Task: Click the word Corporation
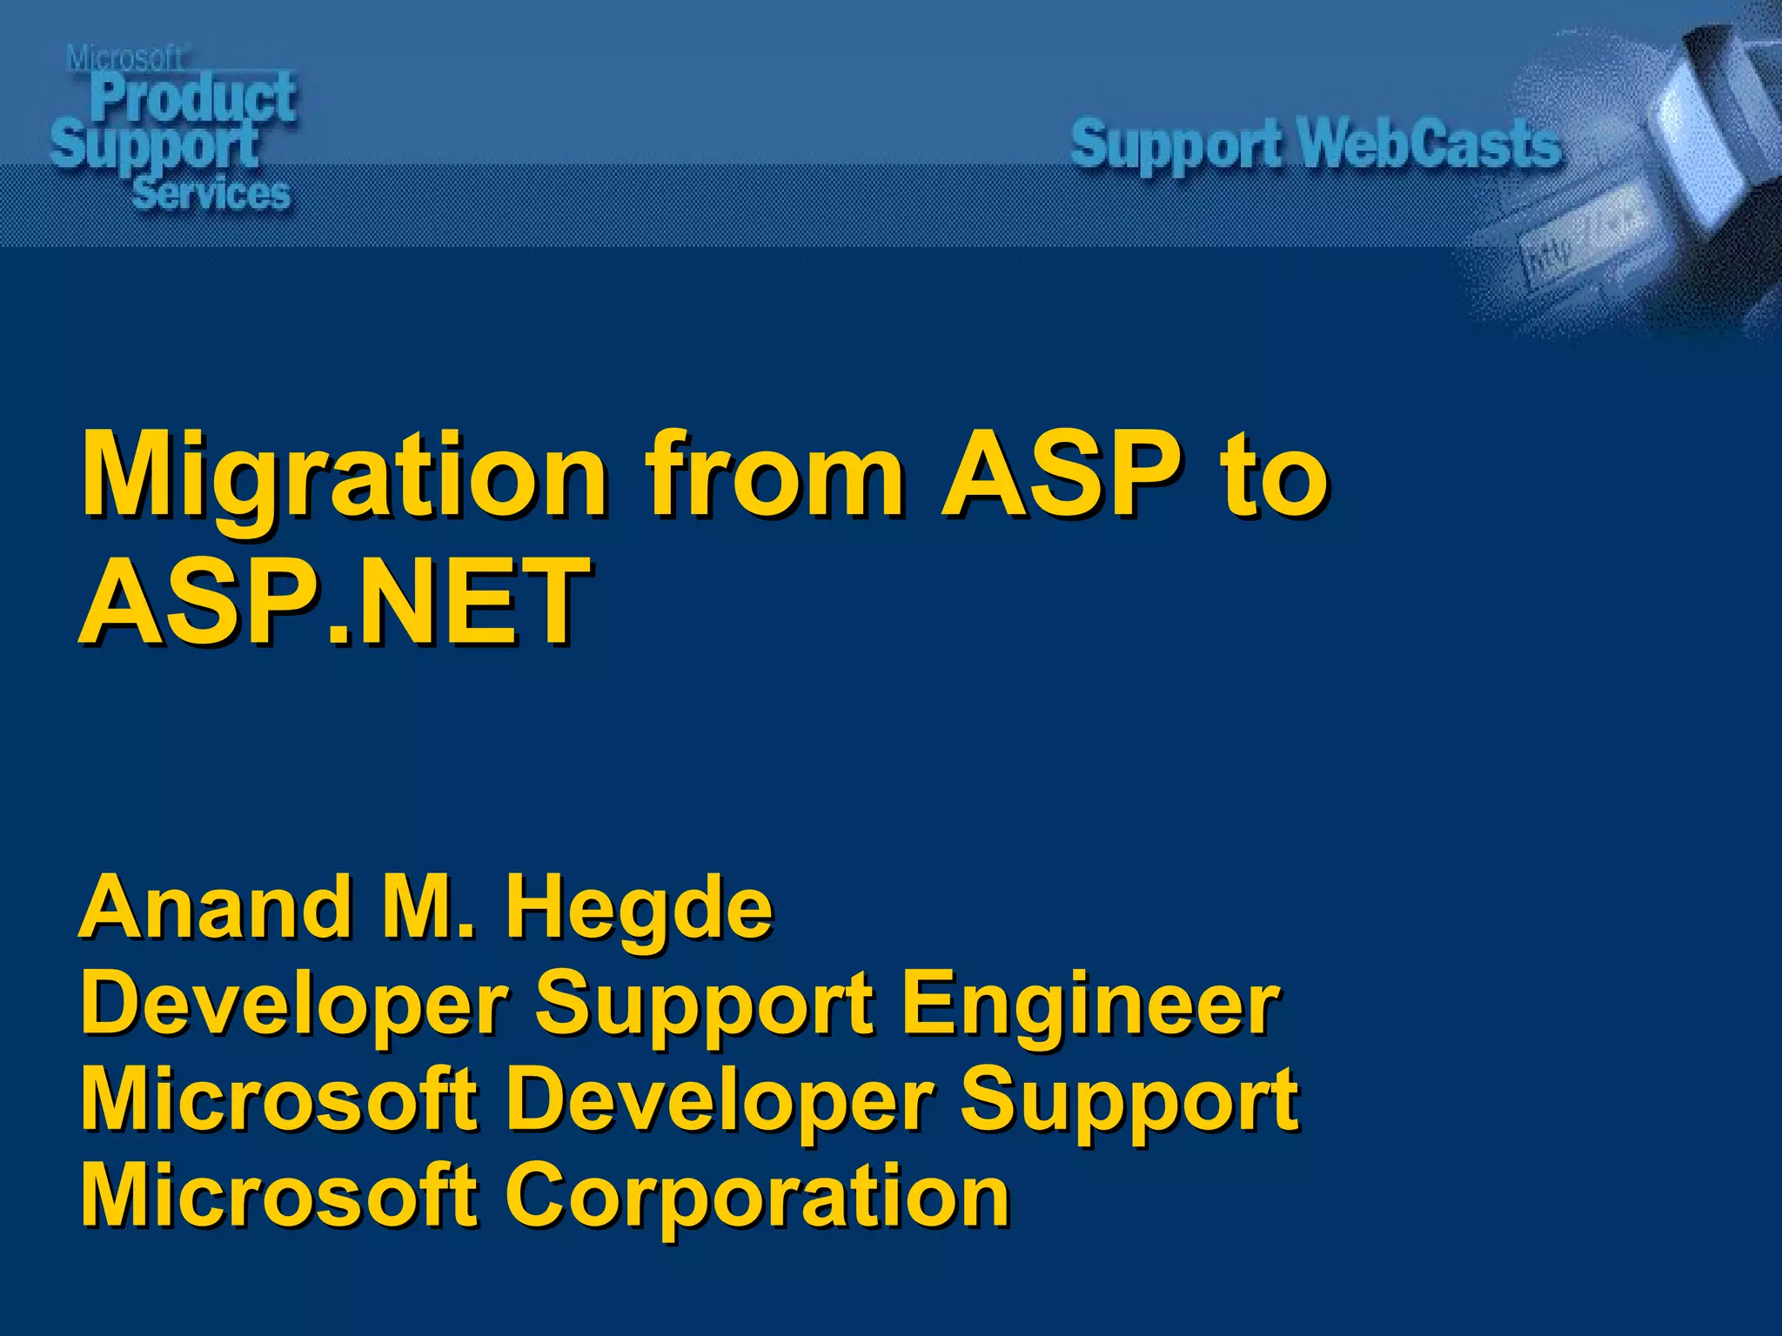click(x=757, y=1195)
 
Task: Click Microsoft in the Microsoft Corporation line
click(x=278, y=1195)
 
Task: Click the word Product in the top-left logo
click(x=193, y=97)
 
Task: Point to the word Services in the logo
click(x=211, y=193)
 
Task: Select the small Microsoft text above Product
click(x=124, y=59)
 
